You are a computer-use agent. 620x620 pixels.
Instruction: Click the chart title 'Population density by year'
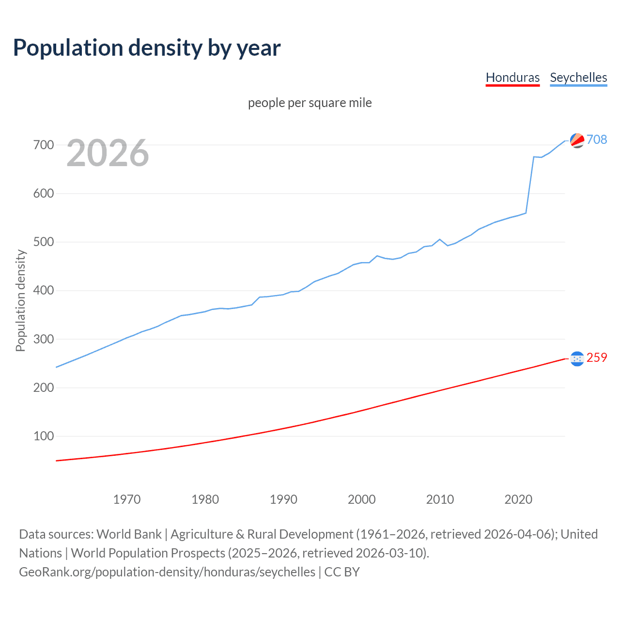coord(147,48)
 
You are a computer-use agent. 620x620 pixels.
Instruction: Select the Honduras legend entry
coord(512,78)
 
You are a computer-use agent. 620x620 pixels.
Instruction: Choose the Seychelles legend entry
coord(578,78)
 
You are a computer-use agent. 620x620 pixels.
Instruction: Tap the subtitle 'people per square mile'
coord(310,103)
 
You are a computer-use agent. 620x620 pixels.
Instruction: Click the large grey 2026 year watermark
coord(108,153)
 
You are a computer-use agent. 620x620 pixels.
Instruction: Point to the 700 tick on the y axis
coord(44,145)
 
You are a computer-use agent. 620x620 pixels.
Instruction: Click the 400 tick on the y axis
coord(44,291)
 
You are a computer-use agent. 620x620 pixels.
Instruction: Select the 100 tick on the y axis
coord(44,436)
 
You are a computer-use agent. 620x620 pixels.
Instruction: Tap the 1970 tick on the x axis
coord(127,499)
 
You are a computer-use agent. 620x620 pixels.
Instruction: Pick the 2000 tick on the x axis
coord(362,499)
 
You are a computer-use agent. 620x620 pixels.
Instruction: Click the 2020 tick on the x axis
coord(518,499)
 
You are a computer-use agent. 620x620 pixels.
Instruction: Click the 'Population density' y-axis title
coord(20,300)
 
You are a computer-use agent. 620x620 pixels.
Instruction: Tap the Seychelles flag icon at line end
coord(577,140)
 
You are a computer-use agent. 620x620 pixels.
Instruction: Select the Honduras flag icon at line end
coord(577,358)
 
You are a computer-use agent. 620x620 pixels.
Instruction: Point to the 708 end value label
coord(597,139)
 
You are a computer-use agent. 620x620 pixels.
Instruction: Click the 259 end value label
coord(597,357)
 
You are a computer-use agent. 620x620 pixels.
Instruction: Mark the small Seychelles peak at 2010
coord(440,239)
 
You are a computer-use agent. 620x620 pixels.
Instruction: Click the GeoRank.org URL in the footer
coord(167,572)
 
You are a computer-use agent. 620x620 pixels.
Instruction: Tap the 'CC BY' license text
coord(342,572)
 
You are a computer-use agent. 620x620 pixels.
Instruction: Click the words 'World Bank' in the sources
coord(129,534)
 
